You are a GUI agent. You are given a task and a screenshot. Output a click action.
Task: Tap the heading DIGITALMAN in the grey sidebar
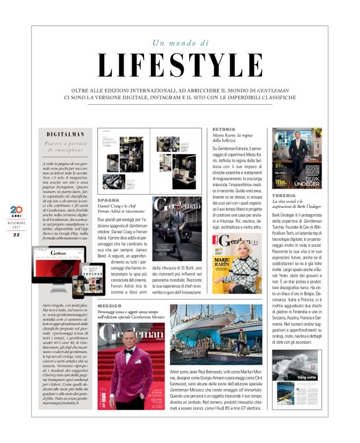pyautogui.click(x=65, y=134)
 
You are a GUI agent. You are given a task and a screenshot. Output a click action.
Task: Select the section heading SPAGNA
pyautogui.click(x=109, y=200)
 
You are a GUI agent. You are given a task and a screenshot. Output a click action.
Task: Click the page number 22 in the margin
pyautogui.click(x=16, y=235)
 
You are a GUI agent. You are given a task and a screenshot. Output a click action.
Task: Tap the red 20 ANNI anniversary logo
pyautogui.click(x=16, y=212)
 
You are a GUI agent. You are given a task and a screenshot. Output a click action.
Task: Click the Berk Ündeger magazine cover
pyautogui.click(x=297, y=158)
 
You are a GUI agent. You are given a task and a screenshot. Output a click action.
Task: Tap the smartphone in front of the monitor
pyautogui.click(x=79, y=286)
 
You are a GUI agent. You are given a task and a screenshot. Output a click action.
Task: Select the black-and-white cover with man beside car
pyautogui.click(x=177, y=228)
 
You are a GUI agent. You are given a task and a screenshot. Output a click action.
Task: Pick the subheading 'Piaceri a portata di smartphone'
pyautogui.click(x=65, y=147)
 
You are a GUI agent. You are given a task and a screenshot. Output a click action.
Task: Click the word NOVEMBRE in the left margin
pyautogui.click(x=16, y=222)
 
